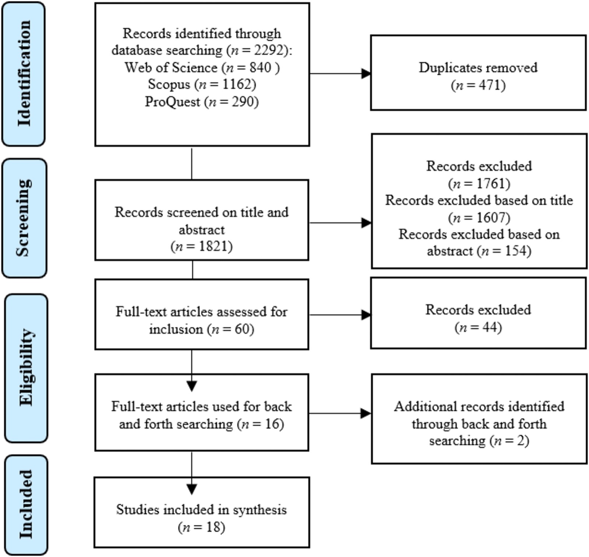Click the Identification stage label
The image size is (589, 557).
click(24, 74)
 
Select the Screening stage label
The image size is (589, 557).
click(24, 218)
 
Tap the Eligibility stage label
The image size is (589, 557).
click(26, 368)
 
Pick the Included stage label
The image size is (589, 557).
click(26, 505)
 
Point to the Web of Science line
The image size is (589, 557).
click(202, 67)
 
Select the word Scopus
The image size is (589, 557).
click(169, 84)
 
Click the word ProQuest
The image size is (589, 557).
click(172, 102)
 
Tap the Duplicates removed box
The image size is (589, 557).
click(478, 72)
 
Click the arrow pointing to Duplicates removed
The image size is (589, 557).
click(340, 74)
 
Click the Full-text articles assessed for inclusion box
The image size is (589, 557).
click(202, 314)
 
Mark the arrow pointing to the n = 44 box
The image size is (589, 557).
click(340, 315)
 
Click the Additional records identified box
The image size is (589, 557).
click(479, 419)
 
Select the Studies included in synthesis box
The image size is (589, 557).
click(202, 512)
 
